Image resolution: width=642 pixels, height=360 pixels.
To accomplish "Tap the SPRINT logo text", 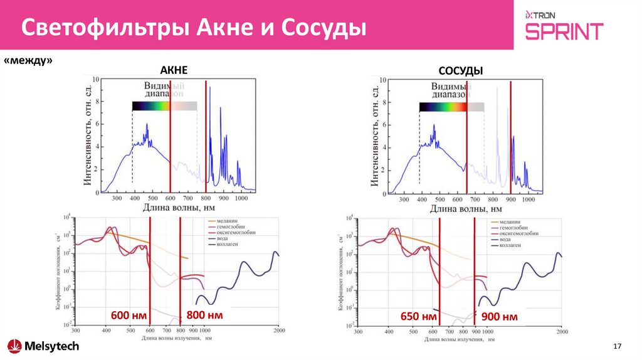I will [x=564, y=31].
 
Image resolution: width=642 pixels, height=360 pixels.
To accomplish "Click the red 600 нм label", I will [x=130, y=315].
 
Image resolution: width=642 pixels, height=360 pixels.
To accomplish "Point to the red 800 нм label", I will [x=205, y=315].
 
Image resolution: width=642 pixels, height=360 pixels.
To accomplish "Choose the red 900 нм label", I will [x=500, y=317].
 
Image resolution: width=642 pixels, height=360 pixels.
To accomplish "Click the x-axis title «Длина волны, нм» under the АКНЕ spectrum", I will [x=179, y=208].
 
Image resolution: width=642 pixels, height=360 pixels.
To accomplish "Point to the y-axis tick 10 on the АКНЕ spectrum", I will [x=95, y=80].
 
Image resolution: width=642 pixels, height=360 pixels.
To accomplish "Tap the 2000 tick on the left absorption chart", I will [x=278, y=331].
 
